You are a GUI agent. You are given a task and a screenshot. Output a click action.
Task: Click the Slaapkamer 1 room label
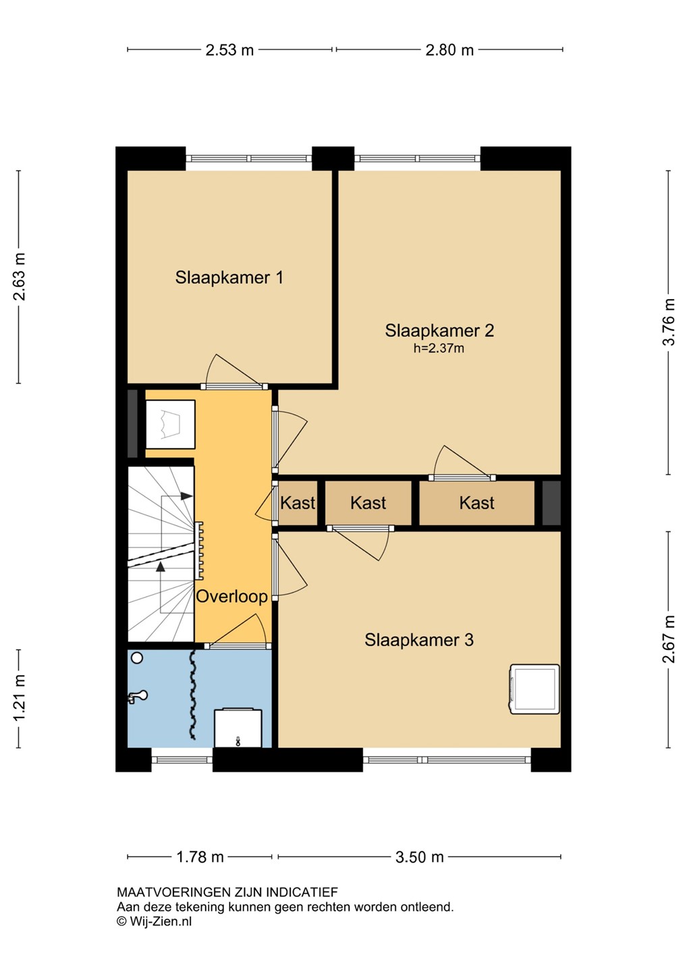click(x=229, y=277)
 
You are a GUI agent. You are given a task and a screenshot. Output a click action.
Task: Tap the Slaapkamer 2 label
click(x=439, y=331)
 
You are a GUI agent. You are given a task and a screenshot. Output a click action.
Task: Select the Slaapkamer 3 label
click(x=418, y=640)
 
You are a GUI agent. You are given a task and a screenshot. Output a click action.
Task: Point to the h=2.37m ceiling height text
click(x=439, y=348)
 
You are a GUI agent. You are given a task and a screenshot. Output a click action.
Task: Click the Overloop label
click(x=231, y=596)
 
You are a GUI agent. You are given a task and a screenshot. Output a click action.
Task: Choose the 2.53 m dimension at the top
click(x=229, y=51)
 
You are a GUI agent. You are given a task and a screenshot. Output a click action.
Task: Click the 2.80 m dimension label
click(x=449, y=51)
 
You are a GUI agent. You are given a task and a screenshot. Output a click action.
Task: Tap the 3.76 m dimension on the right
click(x=668, y=321)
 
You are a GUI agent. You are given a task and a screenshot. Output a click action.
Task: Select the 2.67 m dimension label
click(x=668, y=639)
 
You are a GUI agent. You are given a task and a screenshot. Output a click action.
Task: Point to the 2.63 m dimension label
click(x=19, y=277)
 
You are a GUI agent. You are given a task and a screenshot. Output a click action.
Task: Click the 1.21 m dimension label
click(x=19, y=699)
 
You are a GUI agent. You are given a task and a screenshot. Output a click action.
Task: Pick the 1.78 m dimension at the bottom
click(x=200, y=857)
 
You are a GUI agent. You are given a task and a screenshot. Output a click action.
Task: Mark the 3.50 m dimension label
click(x=419, y=857)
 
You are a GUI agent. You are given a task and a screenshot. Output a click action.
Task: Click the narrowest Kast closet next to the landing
click(x=298, y=503)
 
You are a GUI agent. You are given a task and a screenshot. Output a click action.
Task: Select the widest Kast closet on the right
click(x=476, y=503)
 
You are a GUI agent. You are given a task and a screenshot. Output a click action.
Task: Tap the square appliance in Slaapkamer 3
click(x=534, y=689)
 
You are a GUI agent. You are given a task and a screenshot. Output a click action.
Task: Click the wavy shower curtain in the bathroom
click(x=192, y=695)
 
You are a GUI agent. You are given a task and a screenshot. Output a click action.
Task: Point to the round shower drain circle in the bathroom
click(x=137, y=658)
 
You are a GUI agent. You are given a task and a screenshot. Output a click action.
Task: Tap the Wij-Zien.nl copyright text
click(x=155, y=921)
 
